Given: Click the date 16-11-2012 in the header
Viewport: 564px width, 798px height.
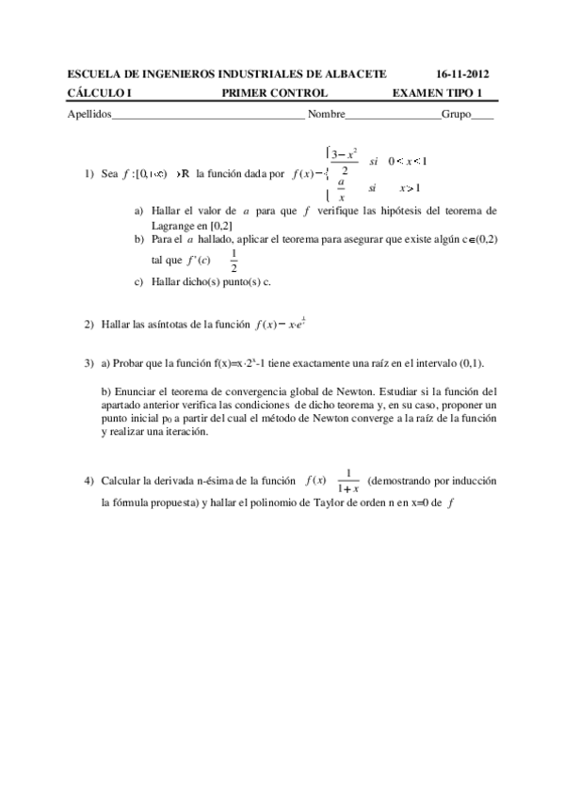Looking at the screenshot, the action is [x=463, y=73].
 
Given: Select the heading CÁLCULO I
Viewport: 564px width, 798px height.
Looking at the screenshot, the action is [x=101, y=92].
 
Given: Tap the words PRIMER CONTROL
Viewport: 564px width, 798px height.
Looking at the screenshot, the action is [x=274, y=92].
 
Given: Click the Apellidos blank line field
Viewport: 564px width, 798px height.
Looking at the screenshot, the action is [x=207, y=116].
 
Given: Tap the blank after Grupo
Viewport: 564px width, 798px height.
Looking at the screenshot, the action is [x=482, y=116].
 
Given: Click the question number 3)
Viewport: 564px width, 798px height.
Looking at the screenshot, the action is [x=89, y=363].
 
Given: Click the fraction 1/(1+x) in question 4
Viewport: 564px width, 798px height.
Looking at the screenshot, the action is [x=348, y=481].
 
